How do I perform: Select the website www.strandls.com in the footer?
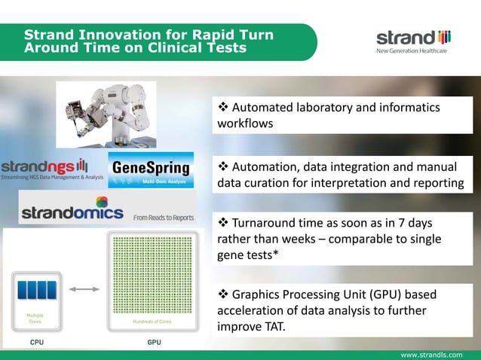pos(438,353)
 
